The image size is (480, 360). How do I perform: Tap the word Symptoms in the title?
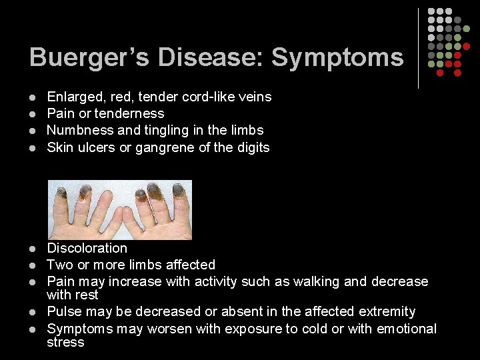[x=337, y=57]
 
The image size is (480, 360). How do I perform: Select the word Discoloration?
[x=87, y=248]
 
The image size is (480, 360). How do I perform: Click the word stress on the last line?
[x=65, y=342]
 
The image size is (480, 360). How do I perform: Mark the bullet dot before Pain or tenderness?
[x=33, y=114]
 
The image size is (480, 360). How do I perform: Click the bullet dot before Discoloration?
[x=33, y=249]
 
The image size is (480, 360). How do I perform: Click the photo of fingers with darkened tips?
[x=120, y=209]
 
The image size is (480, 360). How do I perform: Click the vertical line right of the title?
[x=418, y=48]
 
